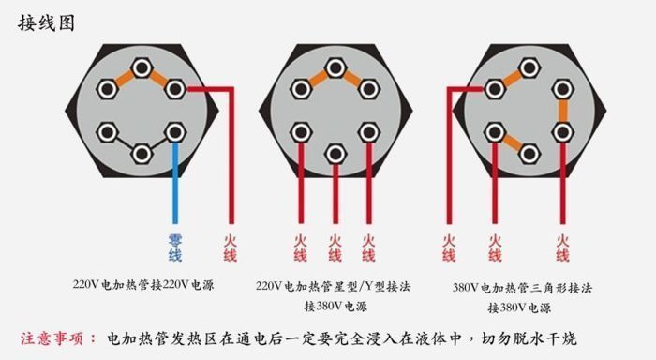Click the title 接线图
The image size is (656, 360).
[x=44, y=22]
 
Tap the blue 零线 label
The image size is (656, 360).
[x=175, y=247]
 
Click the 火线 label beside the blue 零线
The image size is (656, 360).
[x=230, y=247]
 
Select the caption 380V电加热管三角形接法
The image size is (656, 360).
[x=521, y=288]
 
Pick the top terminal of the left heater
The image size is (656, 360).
[x=142, y=67]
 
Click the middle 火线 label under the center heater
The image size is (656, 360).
[x=335, y=247]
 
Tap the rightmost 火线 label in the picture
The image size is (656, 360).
[x=562, y=247]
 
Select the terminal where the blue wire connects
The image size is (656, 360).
[x=175, y=131]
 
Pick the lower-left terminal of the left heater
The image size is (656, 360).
[x=108, y=131]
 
